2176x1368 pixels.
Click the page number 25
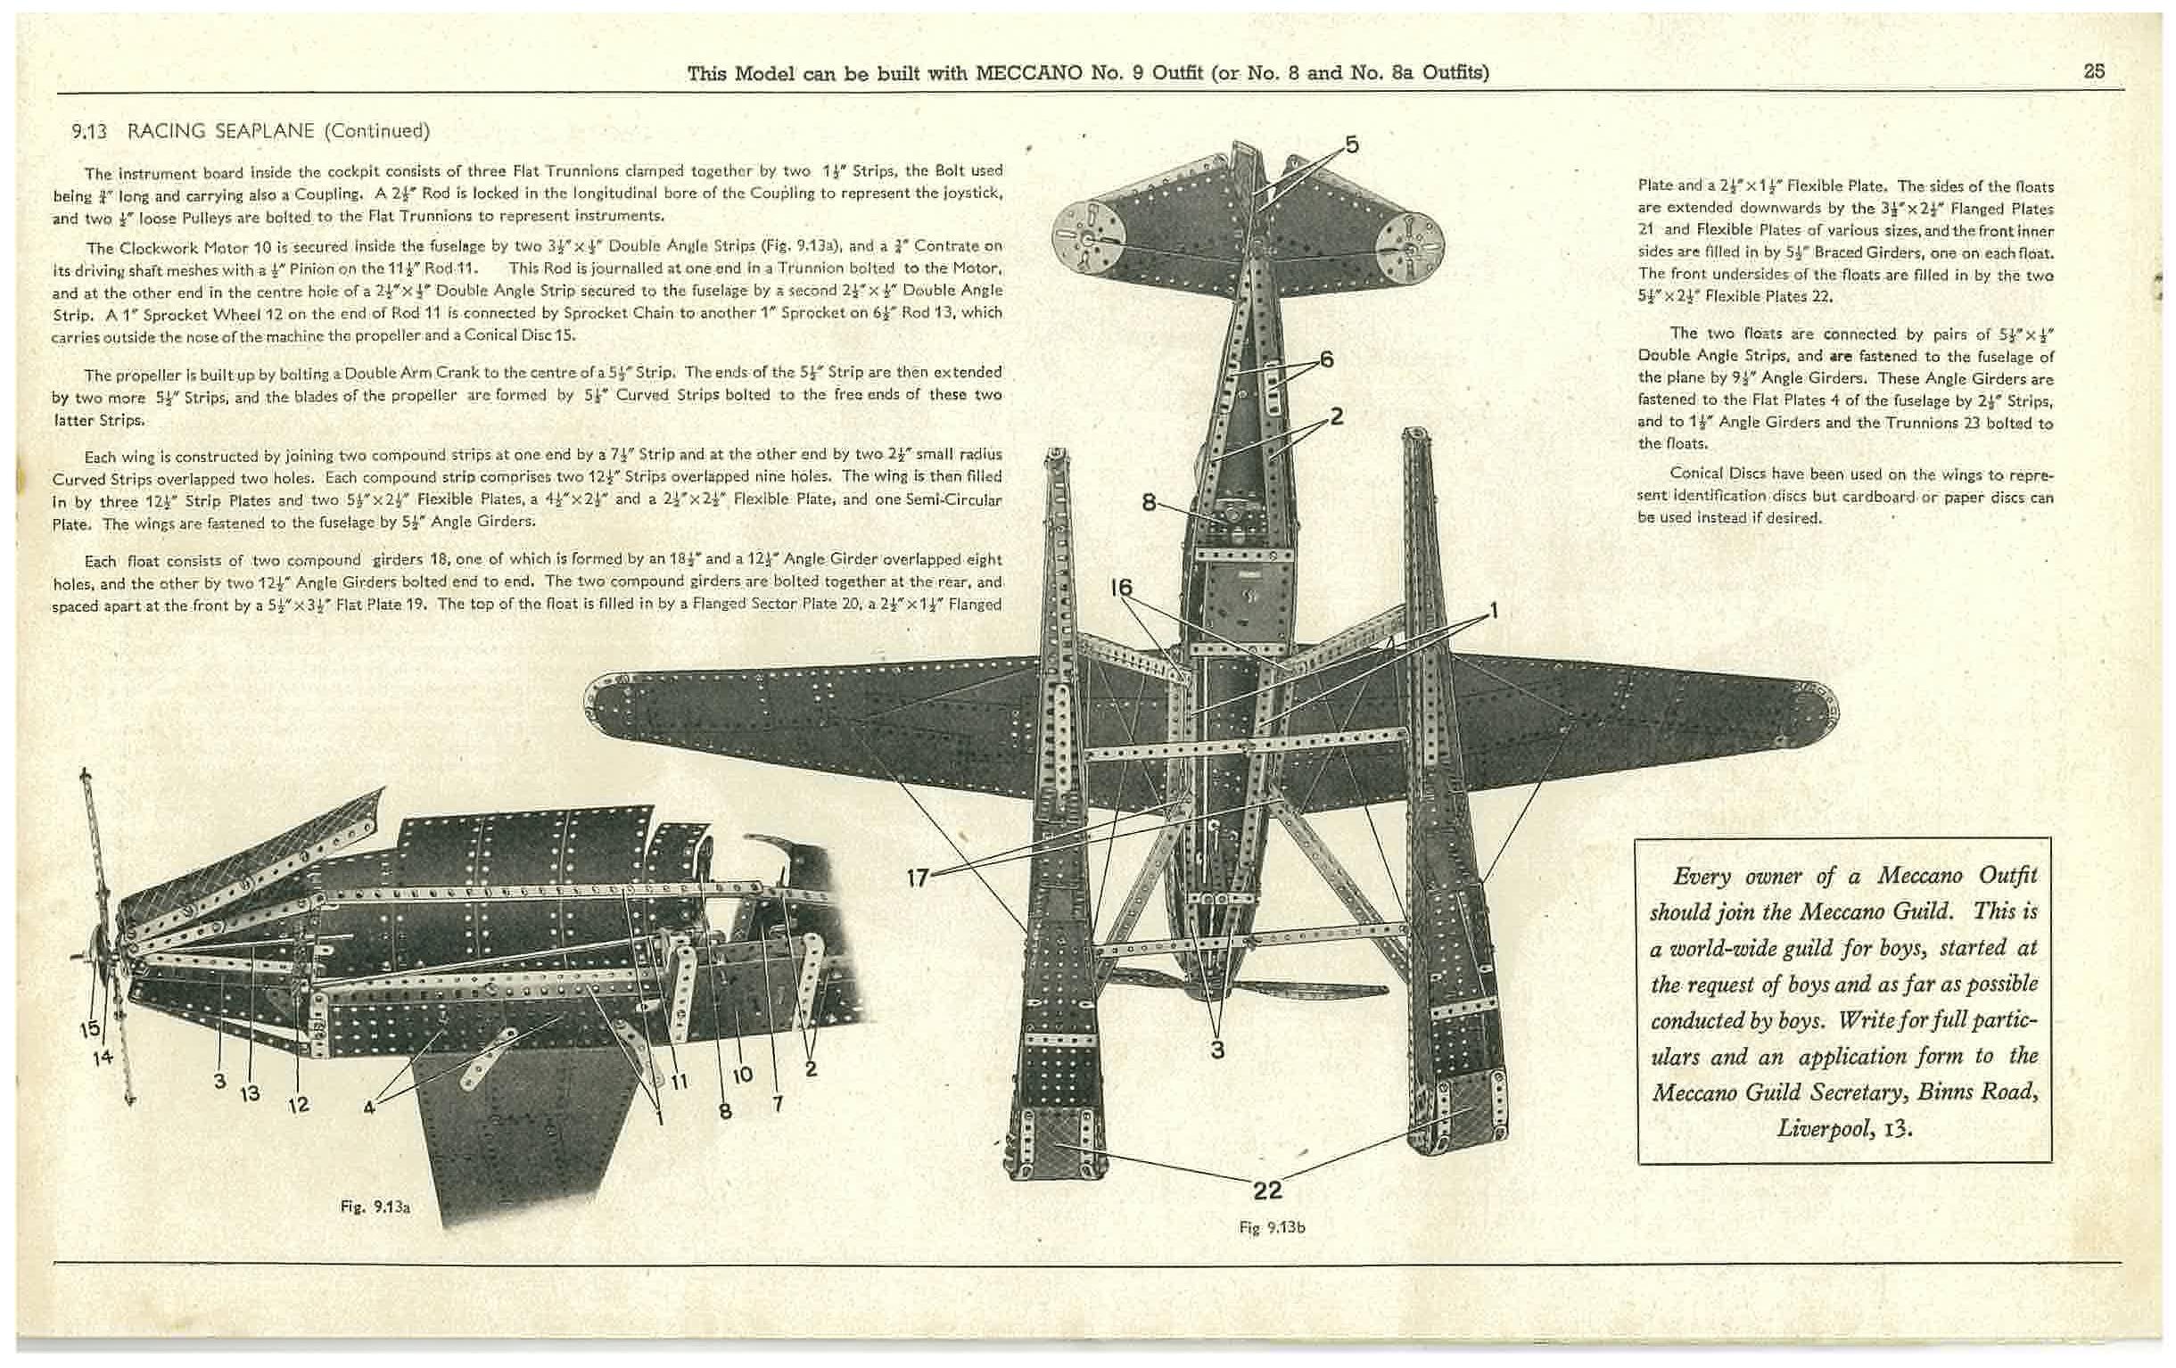tap(2094, 71)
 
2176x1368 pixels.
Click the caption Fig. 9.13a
tap(376, 1207)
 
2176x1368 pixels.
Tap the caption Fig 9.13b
tap(1273, 1227)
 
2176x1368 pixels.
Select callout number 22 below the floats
tap(1267, 1190)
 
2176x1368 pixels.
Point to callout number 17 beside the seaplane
tap(917, 877)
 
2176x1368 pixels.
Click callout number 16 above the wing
tap(1120, 588)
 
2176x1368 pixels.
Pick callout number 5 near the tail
tap(1352, 144)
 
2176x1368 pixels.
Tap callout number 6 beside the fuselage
tap(1327, 359)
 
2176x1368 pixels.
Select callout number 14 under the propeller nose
tap(103, 1056)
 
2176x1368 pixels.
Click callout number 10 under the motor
tap(742, 1075)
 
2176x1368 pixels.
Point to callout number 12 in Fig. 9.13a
tap(298, 1104)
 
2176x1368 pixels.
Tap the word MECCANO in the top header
tap(1028, 72)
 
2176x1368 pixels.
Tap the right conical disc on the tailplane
tap(1409, 241)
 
